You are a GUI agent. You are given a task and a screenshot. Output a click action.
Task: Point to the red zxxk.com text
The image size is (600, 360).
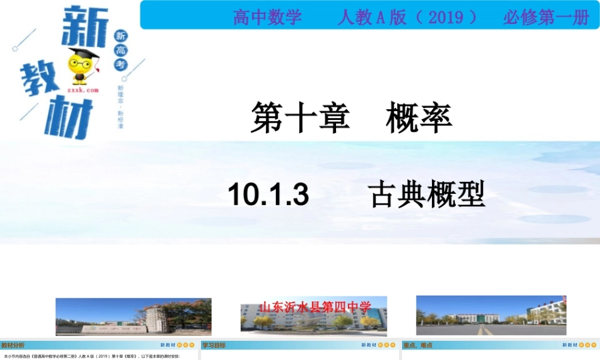(82, 90)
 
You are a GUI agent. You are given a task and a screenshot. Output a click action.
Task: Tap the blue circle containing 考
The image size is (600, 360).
(121, 64)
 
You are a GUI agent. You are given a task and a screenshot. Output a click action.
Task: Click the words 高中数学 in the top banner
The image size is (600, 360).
(268, 17)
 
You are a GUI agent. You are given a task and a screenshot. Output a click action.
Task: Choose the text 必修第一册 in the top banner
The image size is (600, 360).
(546, 17)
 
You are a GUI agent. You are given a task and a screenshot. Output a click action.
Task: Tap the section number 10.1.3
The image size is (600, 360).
(268, 195)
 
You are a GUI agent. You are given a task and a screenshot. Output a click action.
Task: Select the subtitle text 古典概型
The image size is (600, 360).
(427, 195)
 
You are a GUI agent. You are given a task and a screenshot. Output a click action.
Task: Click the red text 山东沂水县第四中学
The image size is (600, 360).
(315, 307)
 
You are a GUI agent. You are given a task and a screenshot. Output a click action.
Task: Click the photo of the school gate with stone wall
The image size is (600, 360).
(133, 316)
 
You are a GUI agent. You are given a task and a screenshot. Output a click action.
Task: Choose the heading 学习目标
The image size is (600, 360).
(214, 345)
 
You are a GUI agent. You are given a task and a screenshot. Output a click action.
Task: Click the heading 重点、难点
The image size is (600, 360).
(419, 345)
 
